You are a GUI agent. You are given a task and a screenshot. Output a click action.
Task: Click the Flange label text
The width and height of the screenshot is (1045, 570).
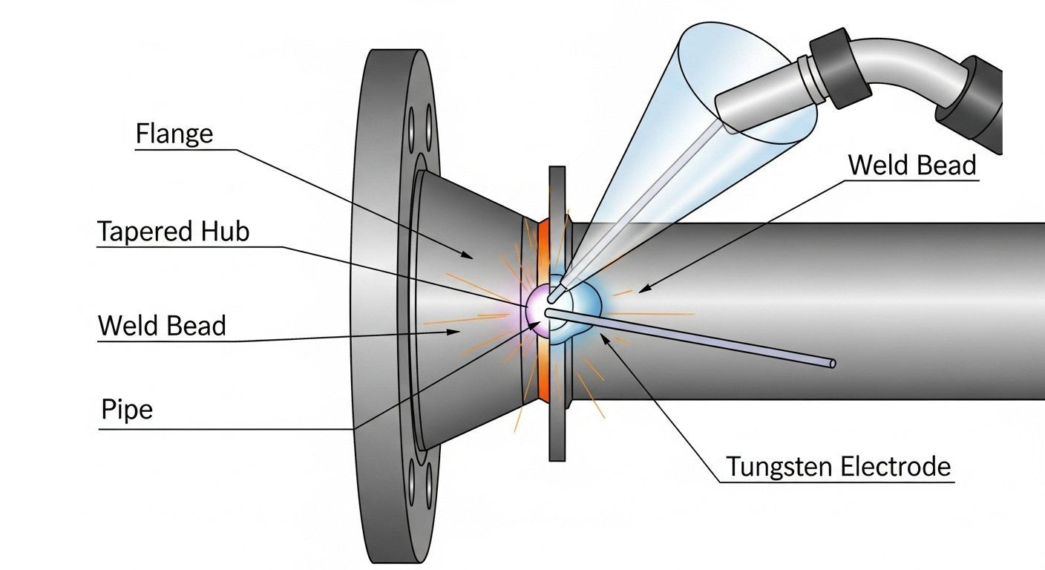pyautogui.click(x=174, y=134)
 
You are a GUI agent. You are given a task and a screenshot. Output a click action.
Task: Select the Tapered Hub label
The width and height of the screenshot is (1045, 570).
pyautogui.click(x=173, y=232)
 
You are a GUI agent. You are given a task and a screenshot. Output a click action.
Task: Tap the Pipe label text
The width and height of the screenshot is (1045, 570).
pyautogui.click(x=126, y=410)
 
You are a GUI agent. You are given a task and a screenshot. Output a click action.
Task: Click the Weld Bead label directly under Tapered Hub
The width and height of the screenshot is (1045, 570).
pyautogui.click(x=162, y=325)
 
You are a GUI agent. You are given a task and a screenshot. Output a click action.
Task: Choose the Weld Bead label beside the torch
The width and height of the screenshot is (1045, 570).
pyautogui.click(x=911, y=165)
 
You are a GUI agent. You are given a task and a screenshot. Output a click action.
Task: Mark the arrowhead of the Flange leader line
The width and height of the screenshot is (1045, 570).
pyautogui.click(x=469, y=256)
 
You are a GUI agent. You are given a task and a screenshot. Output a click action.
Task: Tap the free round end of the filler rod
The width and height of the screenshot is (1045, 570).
pyautogui.click(x=832, y=363)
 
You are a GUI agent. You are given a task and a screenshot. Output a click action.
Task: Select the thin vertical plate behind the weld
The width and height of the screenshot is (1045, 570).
pyautogui.click(x=557, y=430)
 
